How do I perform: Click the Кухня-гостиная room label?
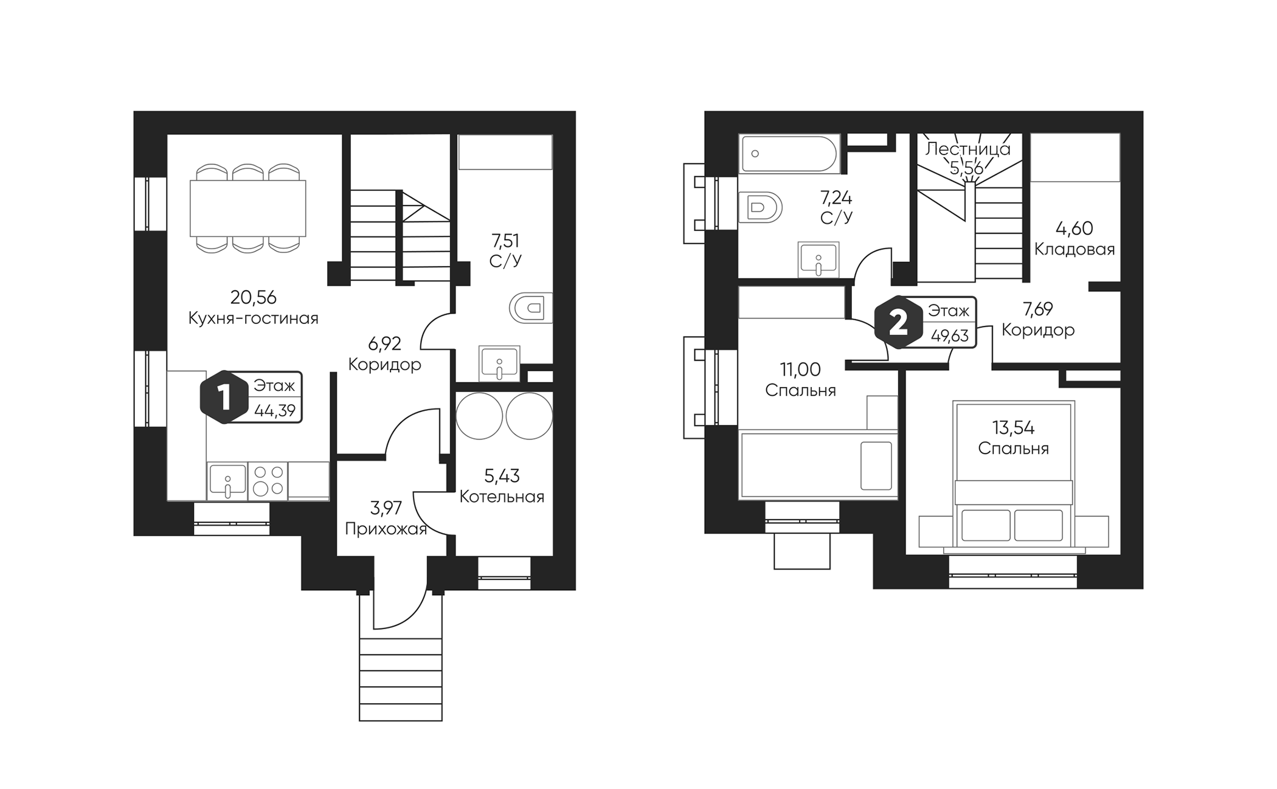pos(254,318)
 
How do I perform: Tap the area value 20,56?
pos(254,297)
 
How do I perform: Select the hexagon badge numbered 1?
pos(224,398)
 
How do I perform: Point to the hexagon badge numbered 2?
pos(898,323)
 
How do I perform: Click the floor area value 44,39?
pos(275,411)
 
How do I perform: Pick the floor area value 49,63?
pos(949,336)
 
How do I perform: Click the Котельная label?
pos(502,497)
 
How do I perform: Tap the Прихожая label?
pos(386,529)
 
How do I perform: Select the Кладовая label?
pos(1075,249)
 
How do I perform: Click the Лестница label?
pos(968,149)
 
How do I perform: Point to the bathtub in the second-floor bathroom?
pos(789,154)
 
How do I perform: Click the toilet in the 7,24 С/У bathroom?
pos(760,207)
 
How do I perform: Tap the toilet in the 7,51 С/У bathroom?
pos(531,308)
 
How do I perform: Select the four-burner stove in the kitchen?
pos(268,481)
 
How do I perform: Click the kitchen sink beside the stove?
pos(227,481)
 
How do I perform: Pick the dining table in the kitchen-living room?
pos(248,208)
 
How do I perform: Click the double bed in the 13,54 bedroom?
pos(1014,474)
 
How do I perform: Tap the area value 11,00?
pos(800,369)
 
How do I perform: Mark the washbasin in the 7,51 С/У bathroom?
pos(499,363)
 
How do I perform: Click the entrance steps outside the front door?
pos(401,679)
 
